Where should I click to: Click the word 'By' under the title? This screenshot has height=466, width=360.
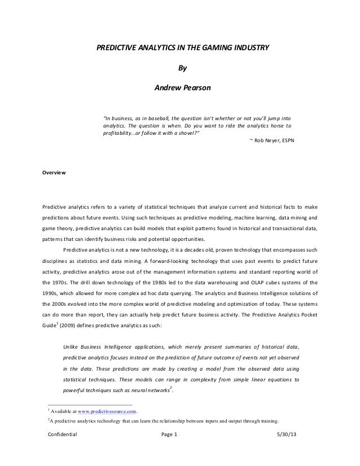[181, 69]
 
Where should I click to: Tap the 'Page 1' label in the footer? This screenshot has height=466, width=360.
[169, 435]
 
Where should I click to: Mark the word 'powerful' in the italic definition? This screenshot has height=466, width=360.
[75, 390]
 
